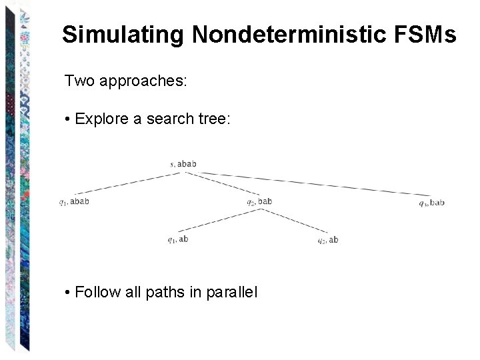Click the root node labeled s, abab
[x=183, y=163]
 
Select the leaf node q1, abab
[x=73, y=201]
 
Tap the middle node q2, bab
[x=259, y=201]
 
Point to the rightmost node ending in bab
[x=431, y=203]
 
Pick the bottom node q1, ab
[x=177, y=239]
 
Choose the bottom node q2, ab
[x=327, y=240]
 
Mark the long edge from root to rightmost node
[x=307, y=183]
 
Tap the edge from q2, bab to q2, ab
[x=293, y=221]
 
